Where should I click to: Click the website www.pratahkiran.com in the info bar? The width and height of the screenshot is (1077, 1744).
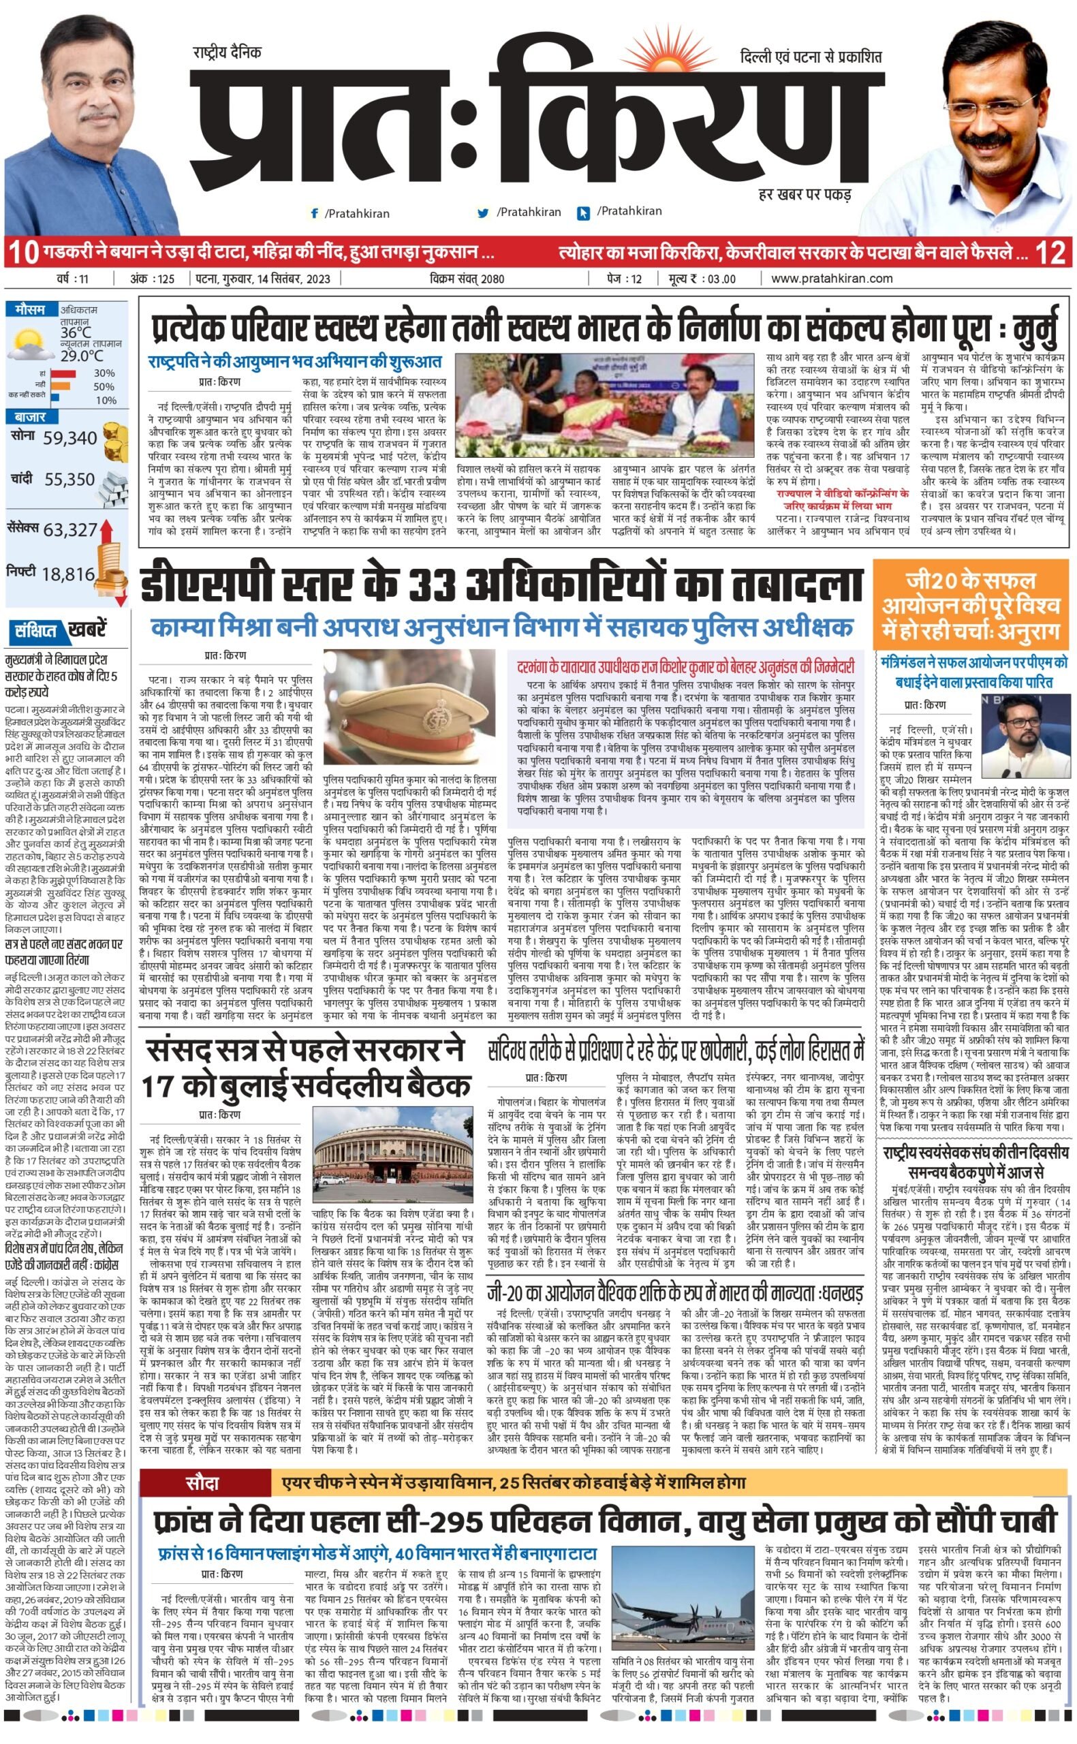pyautogui.click(x=831, y=279)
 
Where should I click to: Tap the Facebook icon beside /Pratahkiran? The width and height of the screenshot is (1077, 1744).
pyautogui.click(x=314, y=213)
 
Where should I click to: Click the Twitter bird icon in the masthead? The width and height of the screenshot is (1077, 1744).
pyautogui.click(x=484, y=213)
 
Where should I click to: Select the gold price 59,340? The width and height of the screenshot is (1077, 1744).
pyautogui.click(x=69, y=438)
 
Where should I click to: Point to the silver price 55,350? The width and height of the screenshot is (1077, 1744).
pyautogui.click(x=69, y=480)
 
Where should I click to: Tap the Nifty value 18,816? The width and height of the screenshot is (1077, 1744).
pyautogui.click(x=67, y=574)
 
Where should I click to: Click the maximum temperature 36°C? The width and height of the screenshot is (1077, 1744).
pyautogui.click(x=76, y=332)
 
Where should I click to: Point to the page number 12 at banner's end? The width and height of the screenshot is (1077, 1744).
pyautogui.click(x=1051, y=253)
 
